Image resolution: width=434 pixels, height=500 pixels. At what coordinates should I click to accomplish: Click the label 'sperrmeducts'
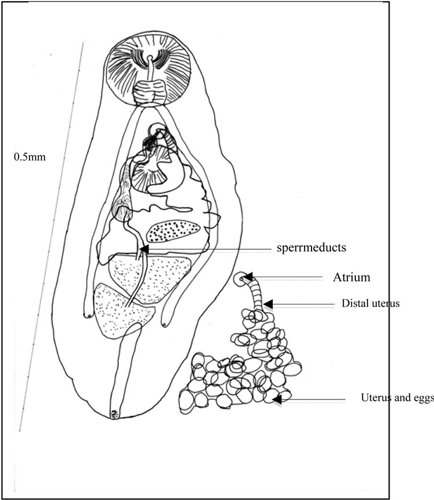point(311,248)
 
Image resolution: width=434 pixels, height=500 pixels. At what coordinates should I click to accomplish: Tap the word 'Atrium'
point(351,277)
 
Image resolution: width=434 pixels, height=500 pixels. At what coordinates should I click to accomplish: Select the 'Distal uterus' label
point(370,303)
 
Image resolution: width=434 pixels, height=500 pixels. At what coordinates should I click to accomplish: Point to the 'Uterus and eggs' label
point(397,398)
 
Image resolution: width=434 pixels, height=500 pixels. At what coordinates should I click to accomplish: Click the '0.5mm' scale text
point(29,157)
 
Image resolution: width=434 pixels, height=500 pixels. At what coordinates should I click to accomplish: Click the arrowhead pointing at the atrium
point(248,277)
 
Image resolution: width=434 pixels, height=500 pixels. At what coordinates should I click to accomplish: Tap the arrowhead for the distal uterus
point(268,304)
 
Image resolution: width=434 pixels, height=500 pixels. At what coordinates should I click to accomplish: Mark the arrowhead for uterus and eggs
point(276,399)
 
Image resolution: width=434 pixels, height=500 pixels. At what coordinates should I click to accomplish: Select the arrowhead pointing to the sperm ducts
point(144,249)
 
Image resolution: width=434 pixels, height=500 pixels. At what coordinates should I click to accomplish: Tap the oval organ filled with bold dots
point(173,231)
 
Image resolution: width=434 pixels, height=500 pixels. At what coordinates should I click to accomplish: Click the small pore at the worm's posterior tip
point(114,414)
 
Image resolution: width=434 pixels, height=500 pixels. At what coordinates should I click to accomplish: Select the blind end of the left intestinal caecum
point(88,315)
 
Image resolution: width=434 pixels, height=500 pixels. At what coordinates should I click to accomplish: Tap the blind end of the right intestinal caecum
point(165,324)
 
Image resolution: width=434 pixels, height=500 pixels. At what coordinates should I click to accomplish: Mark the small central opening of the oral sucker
point(150,58)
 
